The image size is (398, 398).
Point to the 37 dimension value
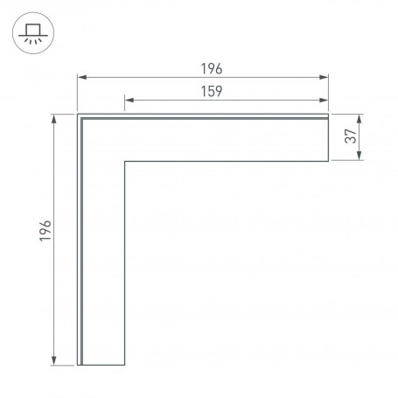[x=348, y=137]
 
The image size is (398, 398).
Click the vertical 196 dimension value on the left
[x=46, y=232]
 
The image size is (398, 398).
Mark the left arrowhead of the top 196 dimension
[x=81, y=79]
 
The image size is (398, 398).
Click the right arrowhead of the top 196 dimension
[x=326, y=79]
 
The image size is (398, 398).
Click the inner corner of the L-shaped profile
[x=125, y=162]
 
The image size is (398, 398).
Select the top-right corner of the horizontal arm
[x=329, y=114]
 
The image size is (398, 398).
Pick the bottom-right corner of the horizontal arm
[x=329, y=162]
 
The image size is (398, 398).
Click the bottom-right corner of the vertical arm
[x=125, y=365]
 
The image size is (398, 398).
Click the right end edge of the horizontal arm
[x=329, y=138]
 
